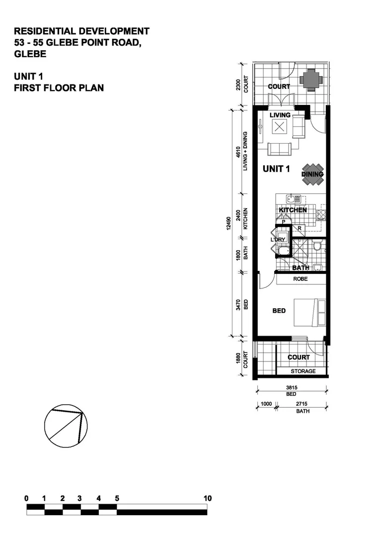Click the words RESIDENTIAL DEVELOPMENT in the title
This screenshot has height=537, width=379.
[x=82, y=32]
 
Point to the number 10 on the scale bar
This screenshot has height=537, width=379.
[x=207, y=498]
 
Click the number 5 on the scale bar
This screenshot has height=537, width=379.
[x=117, y=498]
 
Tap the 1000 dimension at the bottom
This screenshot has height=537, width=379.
[x=266, y=404]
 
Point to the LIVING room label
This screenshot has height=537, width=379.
[x=280, y=115]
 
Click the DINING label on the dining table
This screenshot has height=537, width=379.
[x=312, y=175]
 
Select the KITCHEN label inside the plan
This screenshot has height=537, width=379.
[x=293, y=210]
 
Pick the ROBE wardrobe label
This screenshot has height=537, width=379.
[x=300, y=279]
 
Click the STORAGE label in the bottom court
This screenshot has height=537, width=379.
[x=303, y=371]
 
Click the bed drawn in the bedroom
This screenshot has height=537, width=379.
[x=309, y=313]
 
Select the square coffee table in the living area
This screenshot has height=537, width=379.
[x=280, y=128]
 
